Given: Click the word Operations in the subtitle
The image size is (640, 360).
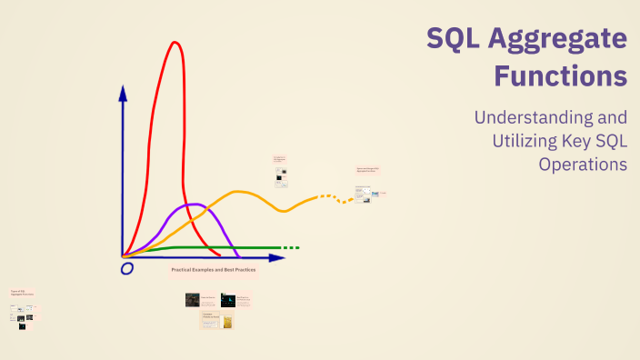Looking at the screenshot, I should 583,165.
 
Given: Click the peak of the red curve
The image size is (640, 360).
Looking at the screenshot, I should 175,42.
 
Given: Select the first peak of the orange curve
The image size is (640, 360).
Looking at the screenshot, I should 240,192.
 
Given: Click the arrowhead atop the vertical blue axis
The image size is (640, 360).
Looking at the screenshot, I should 123,92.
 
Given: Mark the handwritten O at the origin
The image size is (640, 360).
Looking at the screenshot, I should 127,268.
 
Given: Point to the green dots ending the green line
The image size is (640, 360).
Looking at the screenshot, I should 290,247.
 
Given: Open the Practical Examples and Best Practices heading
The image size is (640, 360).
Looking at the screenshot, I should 213,270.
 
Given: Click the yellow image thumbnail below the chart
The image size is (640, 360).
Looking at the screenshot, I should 228,321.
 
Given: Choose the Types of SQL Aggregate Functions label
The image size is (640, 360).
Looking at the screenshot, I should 22,293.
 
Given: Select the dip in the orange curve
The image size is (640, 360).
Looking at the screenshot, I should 284,211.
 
